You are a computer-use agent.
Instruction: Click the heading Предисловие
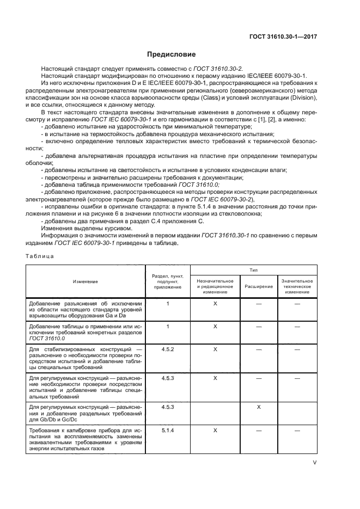[x=172, y=54]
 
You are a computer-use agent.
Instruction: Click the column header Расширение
[x=258, y=286]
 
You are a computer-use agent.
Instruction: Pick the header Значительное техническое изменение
[x=297, y=286]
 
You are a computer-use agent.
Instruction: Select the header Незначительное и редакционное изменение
[x=215, y=286]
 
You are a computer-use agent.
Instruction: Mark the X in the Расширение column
[x=258, y=407]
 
